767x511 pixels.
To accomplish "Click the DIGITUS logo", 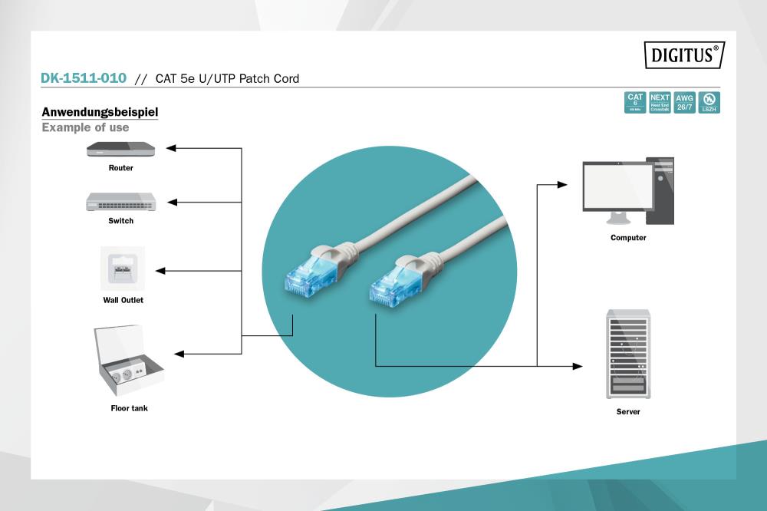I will pos(684,54).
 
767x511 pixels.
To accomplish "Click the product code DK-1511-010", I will pos(83,78).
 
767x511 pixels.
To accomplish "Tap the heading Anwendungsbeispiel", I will pos(100,112).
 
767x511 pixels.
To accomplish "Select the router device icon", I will pos(120,149).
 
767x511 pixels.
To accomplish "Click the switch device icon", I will pos(121,202).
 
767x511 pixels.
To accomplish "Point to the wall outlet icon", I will pos(123,269).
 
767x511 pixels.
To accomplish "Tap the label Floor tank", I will pos(129,408).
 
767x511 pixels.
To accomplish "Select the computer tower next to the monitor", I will pos(660,191).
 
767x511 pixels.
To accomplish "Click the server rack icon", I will pos(628,353).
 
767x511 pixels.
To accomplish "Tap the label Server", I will pos(628,412).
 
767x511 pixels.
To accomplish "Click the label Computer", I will pos(628,238).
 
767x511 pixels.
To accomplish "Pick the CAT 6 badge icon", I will pos(635,102).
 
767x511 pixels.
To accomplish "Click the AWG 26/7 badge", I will pos(684,102).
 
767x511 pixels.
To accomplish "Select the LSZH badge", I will pos(709,102).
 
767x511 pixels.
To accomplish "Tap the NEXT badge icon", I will pos(660,102).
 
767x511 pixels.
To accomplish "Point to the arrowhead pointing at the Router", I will pos(172,148).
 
